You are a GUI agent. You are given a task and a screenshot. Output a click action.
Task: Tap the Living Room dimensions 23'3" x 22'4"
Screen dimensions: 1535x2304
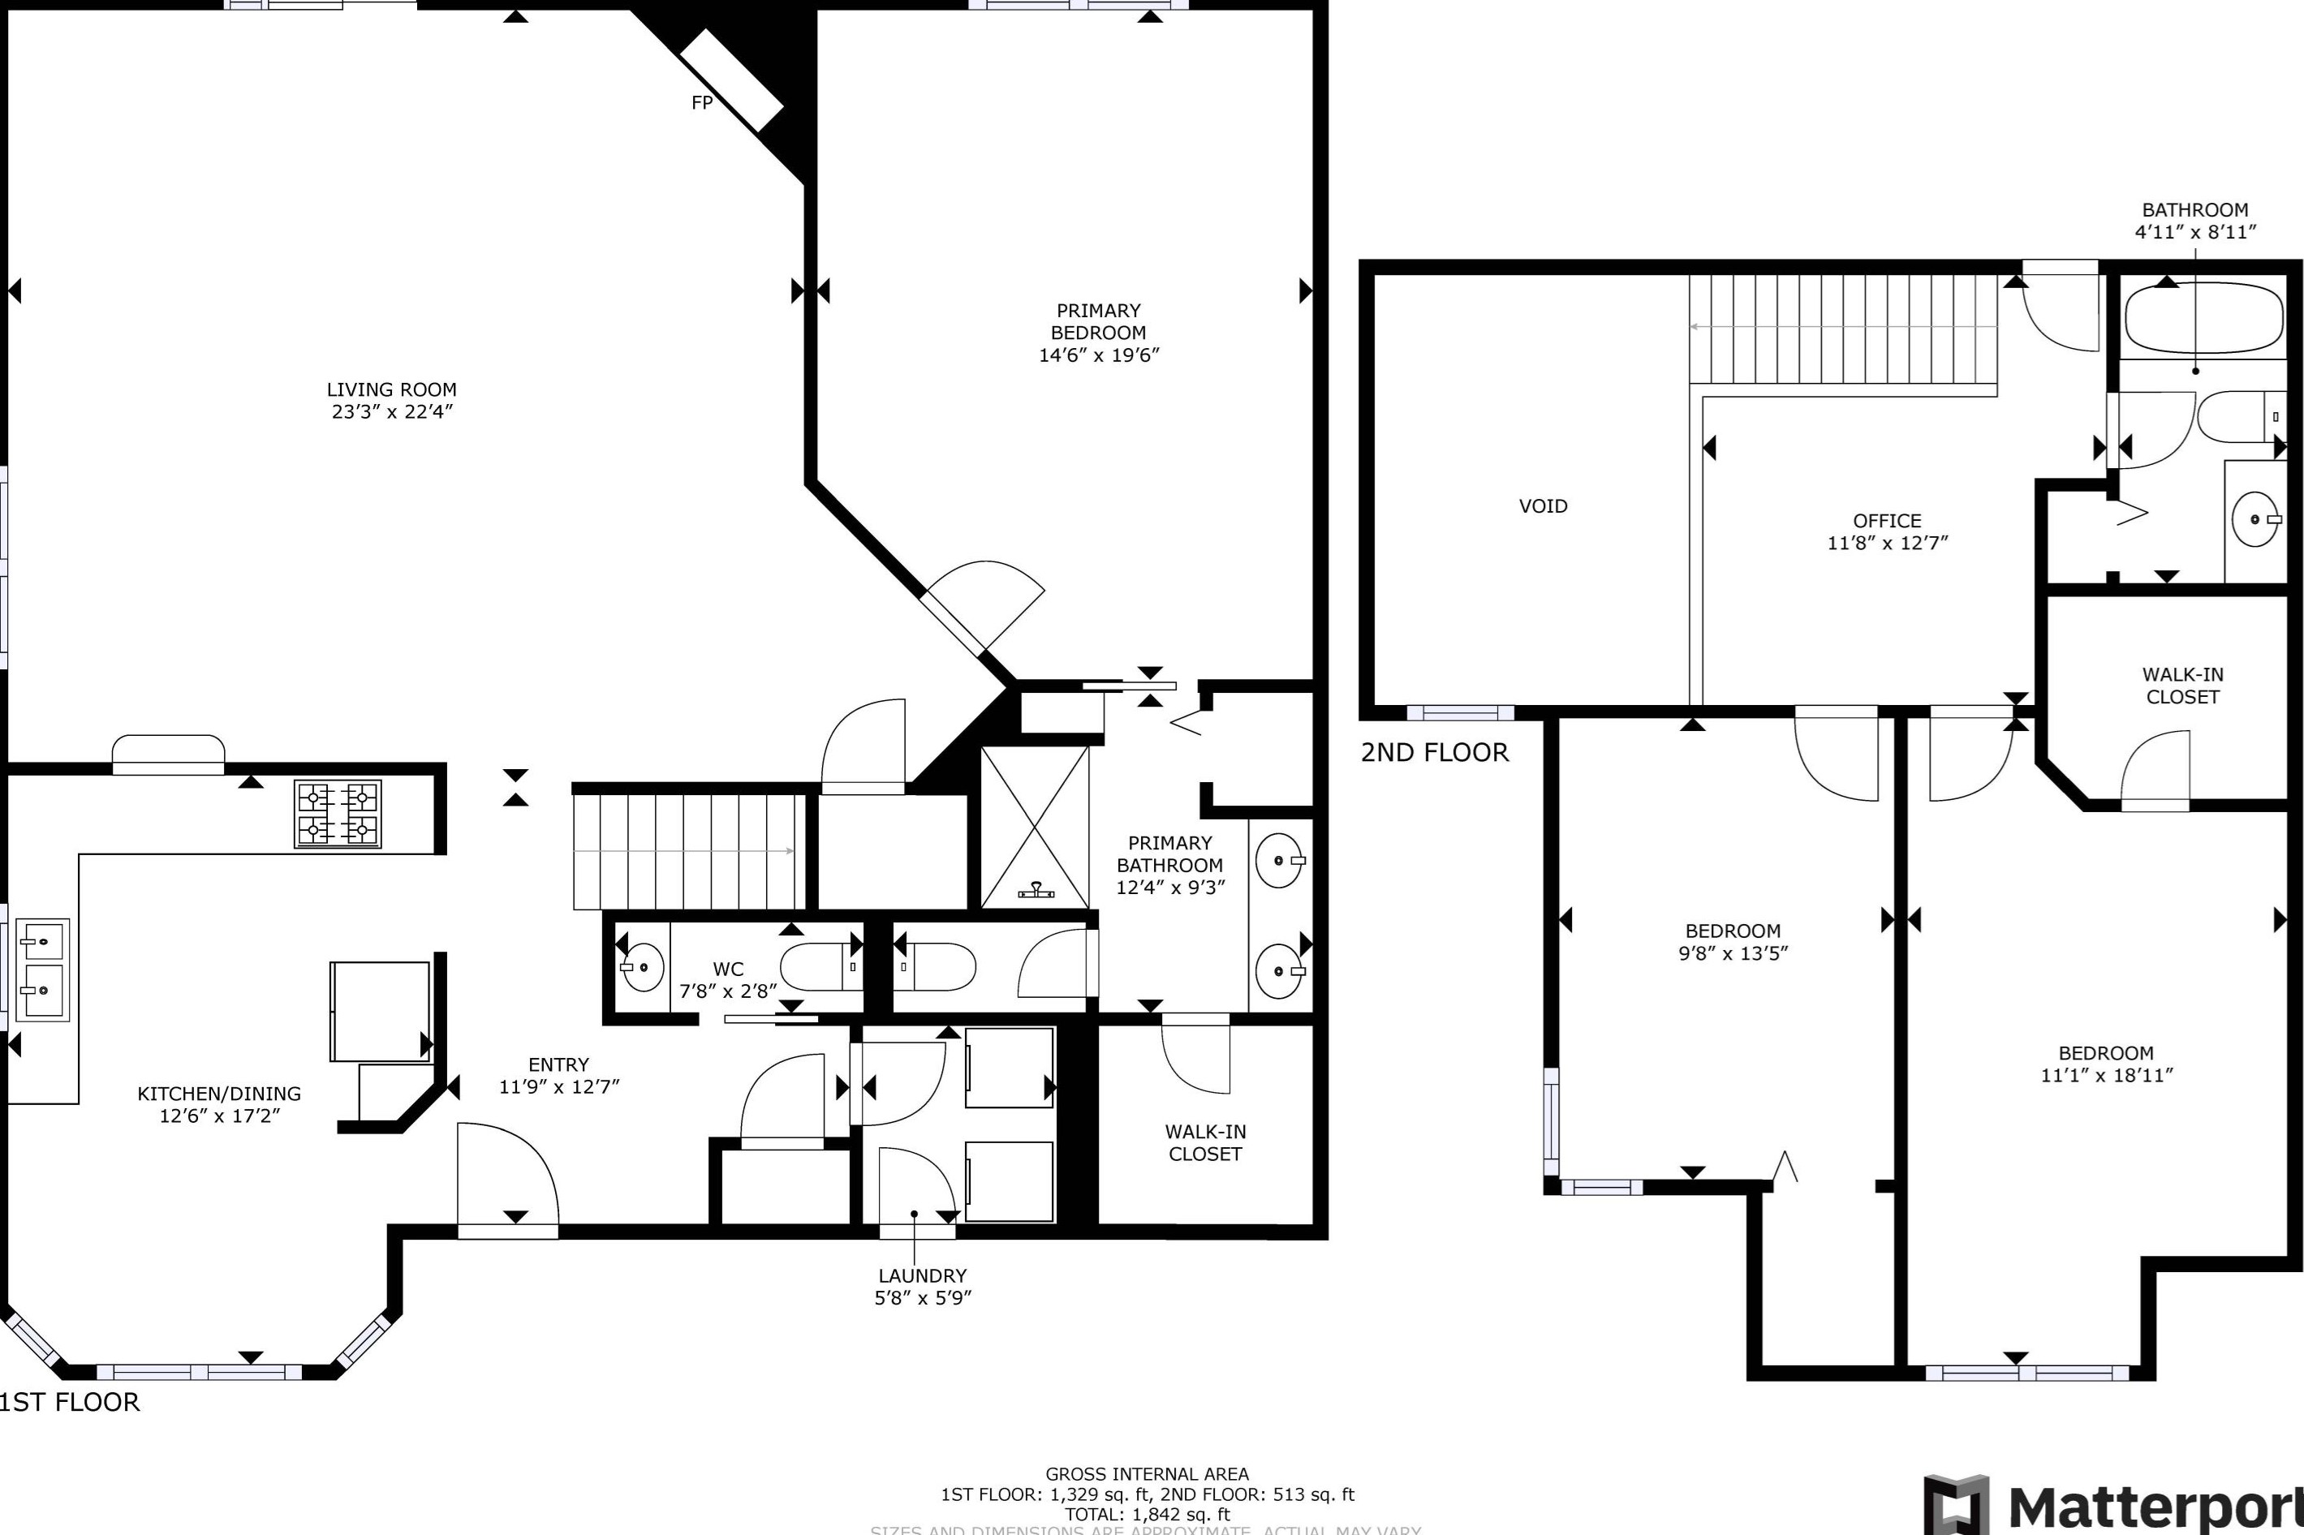[x=392, y=412]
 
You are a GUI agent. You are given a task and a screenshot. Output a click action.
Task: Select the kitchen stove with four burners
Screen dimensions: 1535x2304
[x=338, y=814]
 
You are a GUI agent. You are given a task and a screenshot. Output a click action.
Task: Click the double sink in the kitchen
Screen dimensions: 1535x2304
[x=43, y=970]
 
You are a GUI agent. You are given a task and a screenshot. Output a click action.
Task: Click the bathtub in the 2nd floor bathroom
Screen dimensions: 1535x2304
[x=2203, y=318]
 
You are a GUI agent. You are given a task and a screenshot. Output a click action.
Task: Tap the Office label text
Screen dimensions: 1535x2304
[x=1886, y=521]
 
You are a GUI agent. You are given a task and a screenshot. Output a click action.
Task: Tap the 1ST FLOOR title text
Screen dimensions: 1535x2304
[x=70, y=1402]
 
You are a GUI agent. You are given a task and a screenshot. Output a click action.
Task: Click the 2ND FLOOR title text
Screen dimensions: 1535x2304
[x=1435, y=752]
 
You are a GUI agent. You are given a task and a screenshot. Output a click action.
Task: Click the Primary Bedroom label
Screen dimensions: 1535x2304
[x=1098, y=321]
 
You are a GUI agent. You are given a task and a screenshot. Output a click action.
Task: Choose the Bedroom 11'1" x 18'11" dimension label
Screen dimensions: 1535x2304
[x=2106, y=1075]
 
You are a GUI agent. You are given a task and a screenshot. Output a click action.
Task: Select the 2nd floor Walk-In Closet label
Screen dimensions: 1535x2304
[x=2181, y=686]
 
